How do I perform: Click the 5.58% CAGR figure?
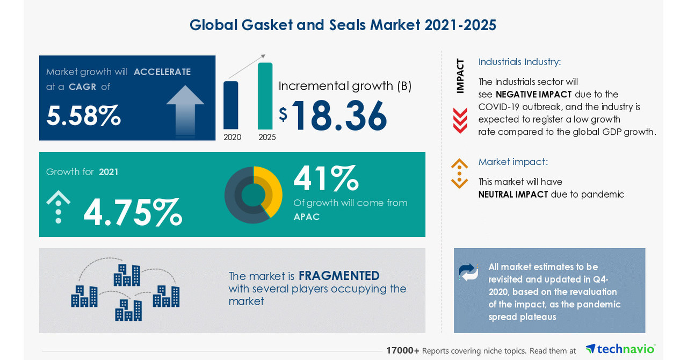[83, 116]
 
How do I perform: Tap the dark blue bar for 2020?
[230, 105]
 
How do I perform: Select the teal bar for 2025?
[265, 97]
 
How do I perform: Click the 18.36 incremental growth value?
[338, 116]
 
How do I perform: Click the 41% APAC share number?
[326, 178]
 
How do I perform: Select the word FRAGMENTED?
[339, 276]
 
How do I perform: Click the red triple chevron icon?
[460, 120]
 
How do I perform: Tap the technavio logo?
[620, 349]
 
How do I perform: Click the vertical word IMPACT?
[460, 76]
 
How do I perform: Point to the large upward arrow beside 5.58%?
[185, 110]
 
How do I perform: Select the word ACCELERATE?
[162, 72]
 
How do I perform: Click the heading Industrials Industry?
[519, 62]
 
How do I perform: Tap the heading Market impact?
[513, 162]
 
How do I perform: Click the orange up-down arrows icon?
[459, 174]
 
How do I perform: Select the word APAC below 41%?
[307, 217]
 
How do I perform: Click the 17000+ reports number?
[402, 350]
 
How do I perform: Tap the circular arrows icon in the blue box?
[468, 272]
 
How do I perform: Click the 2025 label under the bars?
[267, 137]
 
